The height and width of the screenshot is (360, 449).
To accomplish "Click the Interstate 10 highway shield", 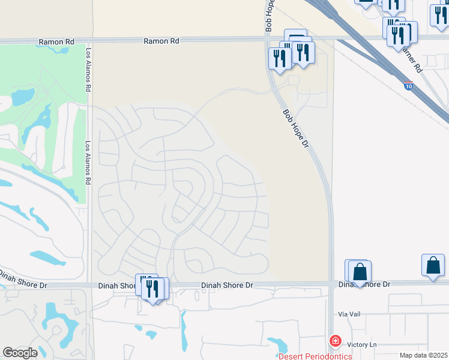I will coord(408,86).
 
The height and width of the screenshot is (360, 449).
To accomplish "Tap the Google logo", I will coord(20,353).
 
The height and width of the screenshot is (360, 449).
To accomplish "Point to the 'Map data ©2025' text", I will coord(423,355).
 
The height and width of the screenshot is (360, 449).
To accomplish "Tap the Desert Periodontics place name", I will coord(315,356).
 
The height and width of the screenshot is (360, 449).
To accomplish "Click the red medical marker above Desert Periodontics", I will coord(335,341).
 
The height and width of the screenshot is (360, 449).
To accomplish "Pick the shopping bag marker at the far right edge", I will coord(433,266).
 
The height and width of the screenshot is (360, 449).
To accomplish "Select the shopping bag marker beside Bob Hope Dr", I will coord(360,272).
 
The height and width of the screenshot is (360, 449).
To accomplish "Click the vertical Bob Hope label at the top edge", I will coord(270,16).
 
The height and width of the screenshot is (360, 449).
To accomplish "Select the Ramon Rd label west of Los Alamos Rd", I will coord(55,42).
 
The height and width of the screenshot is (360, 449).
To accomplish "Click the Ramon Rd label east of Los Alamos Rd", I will coord(161,41).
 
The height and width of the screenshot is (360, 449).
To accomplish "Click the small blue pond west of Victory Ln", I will coord(278,346).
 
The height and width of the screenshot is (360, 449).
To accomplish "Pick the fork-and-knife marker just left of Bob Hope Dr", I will coord(280,59).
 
